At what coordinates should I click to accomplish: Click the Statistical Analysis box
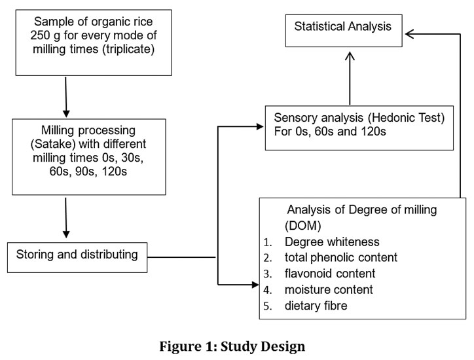(x=344, y=31)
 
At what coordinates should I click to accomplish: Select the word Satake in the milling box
(x=53, y=144)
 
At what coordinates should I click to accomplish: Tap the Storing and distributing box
(x=77, y=257)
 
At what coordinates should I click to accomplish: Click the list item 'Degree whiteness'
(x=332, y=242)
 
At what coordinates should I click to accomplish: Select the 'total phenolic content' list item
(x=340, y=257)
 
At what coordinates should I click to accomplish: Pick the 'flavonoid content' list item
(x=330, y=274)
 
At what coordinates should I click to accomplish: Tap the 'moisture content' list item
(x=329, y=289)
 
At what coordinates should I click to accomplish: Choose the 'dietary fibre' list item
(x=316, y=306)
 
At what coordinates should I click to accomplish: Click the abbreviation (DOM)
(x=303, y=226)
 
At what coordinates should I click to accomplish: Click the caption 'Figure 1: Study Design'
(x=232, y=346)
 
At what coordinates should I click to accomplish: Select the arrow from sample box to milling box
(x=66, y=97)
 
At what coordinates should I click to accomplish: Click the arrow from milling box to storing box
(x=66, y=217)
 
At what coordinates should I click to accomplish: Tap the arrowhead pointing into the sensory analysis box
(x=260, y=126)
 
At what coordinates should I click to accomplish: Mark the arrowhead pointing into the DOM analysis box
(x=255, y=285)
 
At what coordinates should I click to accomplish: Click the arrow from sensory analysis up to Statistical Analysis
(x=350, y=79)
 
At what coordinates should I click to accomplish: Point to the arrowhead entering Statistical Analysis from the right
(x=410, y=34)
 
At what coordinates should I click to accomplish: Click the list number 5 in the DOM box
(x=268, y=306)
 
